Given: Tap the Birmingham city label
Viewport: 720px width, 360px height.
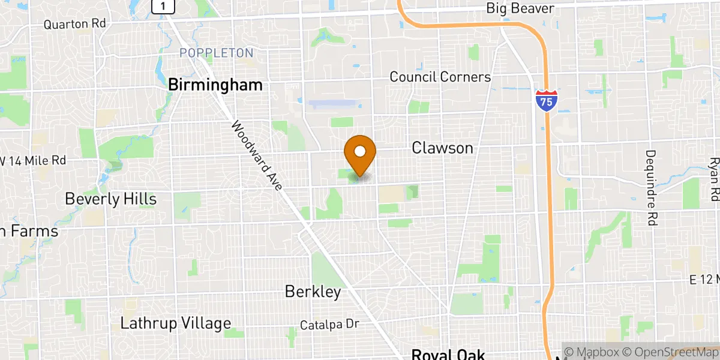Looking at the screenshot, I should click(x=215, y=85).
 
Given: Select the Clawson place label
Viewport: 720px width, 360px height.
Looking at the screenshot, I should click(x=442, y=148).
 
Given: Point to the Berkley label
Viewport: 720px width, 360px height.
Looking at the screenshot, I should click(x=313, y=292).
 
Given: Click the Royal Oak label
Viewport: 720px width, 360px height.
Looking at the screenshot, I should click(x=448, y=354).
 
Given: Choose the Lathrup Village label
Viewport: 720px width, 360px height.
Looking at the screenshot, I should click(x=175, y=323).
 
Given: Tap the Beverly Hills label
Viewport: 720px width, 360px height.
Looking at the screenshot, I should click(x=110, y=199).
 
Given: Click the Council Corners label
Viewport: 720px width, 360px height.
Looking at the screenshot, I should click(x=440, y=77).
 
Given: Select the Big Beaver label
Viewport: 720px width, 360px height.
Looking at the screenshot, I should click(x=520, y=8).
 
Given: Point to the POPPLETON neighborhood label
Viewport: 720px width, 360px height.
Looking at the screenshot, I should click(x=216, y=53).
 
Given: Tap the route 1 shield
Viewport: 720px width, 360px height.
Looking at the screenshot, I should click(x=163, y=6).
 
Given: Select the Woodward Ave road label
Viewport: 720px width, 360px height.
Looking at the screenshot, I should click(x=256, y=156).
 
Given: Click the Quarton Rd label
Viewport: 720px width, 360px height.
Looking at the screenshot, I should click(x=74, y=24).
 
